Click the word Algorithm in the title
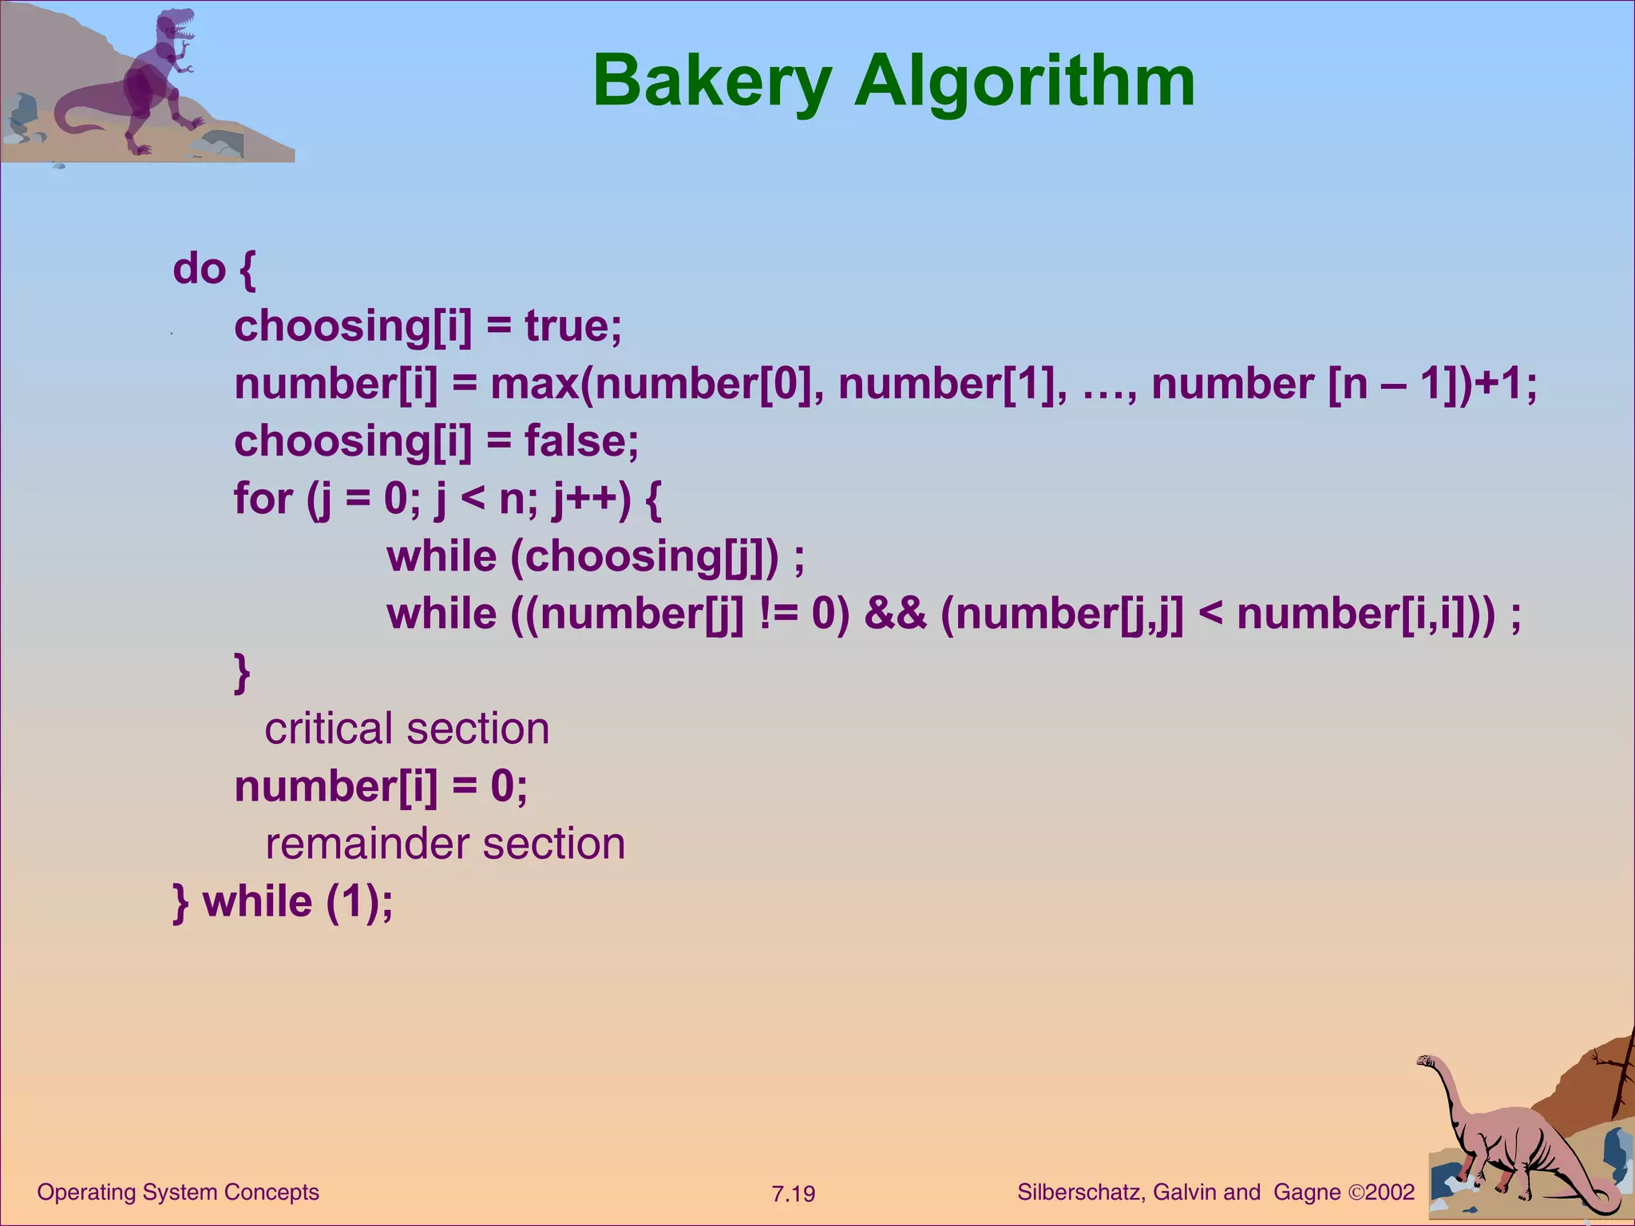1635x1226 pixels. (x=1025, y=82)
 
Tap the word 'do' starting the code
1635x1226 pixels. (x=200, y=269)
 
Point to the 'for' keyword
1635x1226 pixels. (x=263, y=499)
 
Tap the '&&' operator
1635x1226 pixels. (x=895, y=614)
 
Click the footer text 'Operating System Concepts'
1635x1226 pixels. (x=178, y=1192)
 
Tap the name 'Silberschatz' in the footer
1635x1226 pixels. (x=1080, y=1192)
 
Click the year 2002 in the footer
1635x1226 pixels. (x=1390, y=1192)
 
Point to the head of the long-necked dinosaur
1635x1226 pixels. (x=1427, y=1062)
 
